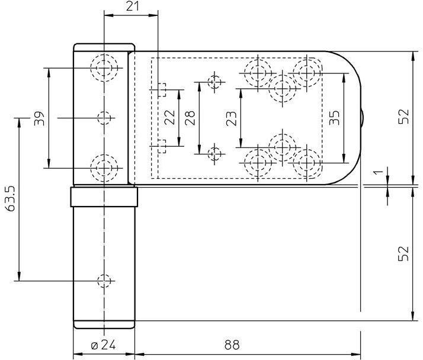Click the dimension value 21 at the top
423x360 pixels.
tap(133, 6)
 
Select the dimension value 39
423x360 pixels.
tap(39, 118)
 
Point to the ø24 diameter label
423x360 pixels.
tap(103, 345)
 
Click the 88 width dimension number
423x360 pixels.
tap(232, 345)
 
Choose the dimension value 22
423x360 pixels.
tap(169, 117)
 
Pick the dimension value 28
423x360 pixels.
tap(190, 118)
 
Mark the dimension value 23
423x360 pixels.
tap(231, 118)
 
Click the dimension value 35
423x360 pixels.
tap(335, 118)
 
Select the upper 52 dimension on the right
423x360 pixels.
tap(404, 116)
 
